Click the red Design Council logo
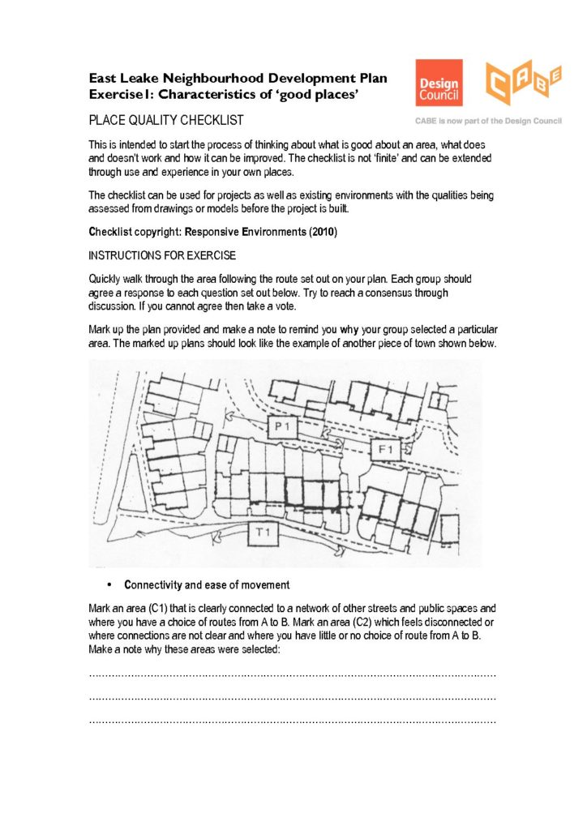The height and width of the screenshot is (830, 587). (x=439, y=83)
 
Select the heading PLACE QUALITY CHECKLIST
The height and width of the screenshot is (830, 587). (x=166, y=121)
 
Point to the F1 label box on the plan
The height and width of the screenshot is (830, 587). (x=386, y=447)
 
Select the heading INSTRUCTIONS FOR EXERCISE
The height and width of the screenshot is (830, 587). (x=162, y=256)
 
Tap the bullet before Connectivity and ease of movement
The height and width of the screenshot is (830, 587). (x=107, y=585)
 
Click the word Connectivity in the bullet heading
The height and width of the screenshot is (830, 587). (x=152, y=585)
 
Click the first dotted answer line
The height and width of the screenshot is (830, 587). (x=291, y=674)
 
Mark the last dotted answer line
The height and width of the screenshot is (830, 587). (x=291, y=721)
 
